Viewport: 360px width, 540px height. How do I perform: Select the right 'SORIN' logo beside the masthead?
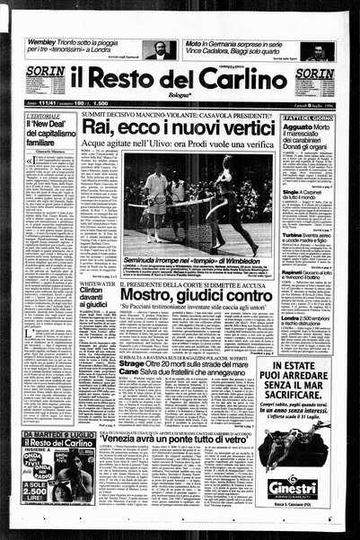click(314, 74)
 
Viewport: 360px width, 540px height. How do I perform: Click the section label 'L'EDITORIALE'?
click(42, 118)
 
